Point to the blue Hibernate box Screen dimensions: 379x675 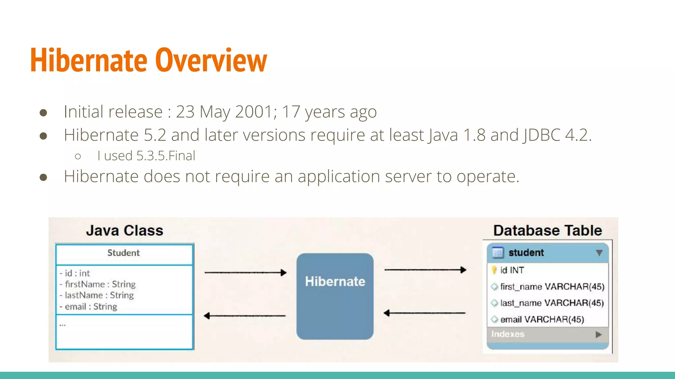point(335,296)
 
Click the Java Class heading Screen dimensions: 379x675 point(125,230)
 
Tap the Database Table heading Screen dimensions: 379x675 point(547,230)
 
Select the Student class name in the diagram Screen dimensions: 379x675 point(124,253)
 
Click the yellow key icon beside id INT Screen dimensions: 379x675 point(494,270)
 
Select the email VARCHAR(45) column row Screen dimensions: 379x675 point(542,319)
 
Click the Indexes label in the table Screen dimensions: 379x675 point(508,334)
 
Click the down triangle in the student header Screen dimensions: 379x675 point(599,253)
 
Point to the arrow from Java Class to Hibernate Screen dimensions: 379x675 point(245,272)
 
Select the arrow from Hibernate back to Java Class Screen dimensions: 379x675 point(245,316)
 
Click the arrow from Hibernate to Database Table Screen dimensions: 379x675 point(425,270)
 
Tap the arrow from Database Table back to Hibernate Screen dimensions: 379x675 point(425,313)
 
